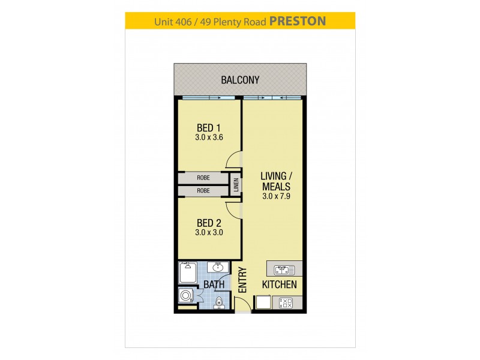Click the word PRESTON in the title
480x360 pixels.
[298, 21]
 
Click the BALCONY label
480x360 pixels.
[239, 79]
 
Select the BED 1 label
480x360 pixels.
[209, 127]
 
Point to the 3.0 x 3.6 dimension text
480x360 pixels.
[209, 137]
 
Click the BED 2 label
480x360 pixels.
[209, 223]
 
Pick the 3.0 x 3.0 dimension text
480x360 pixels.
[209, 233]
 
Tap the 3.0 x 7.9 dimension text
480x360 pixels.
[275, 197]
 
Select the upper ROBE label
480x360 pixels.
[203, 178]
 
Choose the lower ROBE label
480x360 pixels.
[203, 191]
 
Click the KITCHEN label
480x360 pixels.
[278, 284]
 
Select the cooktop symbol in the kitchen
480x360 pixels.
[286, 304]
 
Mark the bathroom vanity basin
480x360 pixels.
[218, 268]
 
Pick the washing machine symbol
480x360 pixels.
[186, 296]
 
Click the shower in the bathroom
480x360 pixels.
[188, 273]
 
